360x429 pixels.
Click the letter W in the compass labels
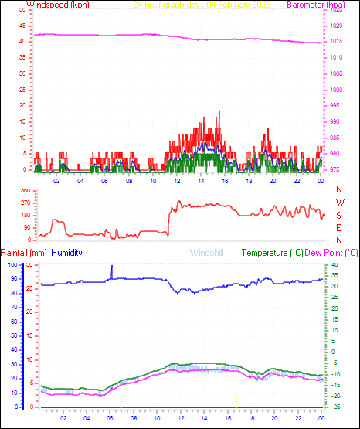[339, 203]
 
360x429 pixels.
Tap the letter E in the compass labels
[339, 227]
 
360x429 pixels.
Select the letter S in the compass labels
[339, 215]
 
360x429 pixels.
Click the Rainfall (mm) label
[24, 253]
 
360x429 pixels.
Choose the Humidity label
[67, 253]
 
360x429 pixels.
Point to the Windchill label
[208, 253]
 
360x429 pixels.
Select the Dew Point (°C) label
[331, 253]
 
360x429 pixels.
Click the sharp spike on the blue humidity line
[112, 267]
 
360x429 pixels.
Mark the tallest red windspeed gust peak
[219, 112]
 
